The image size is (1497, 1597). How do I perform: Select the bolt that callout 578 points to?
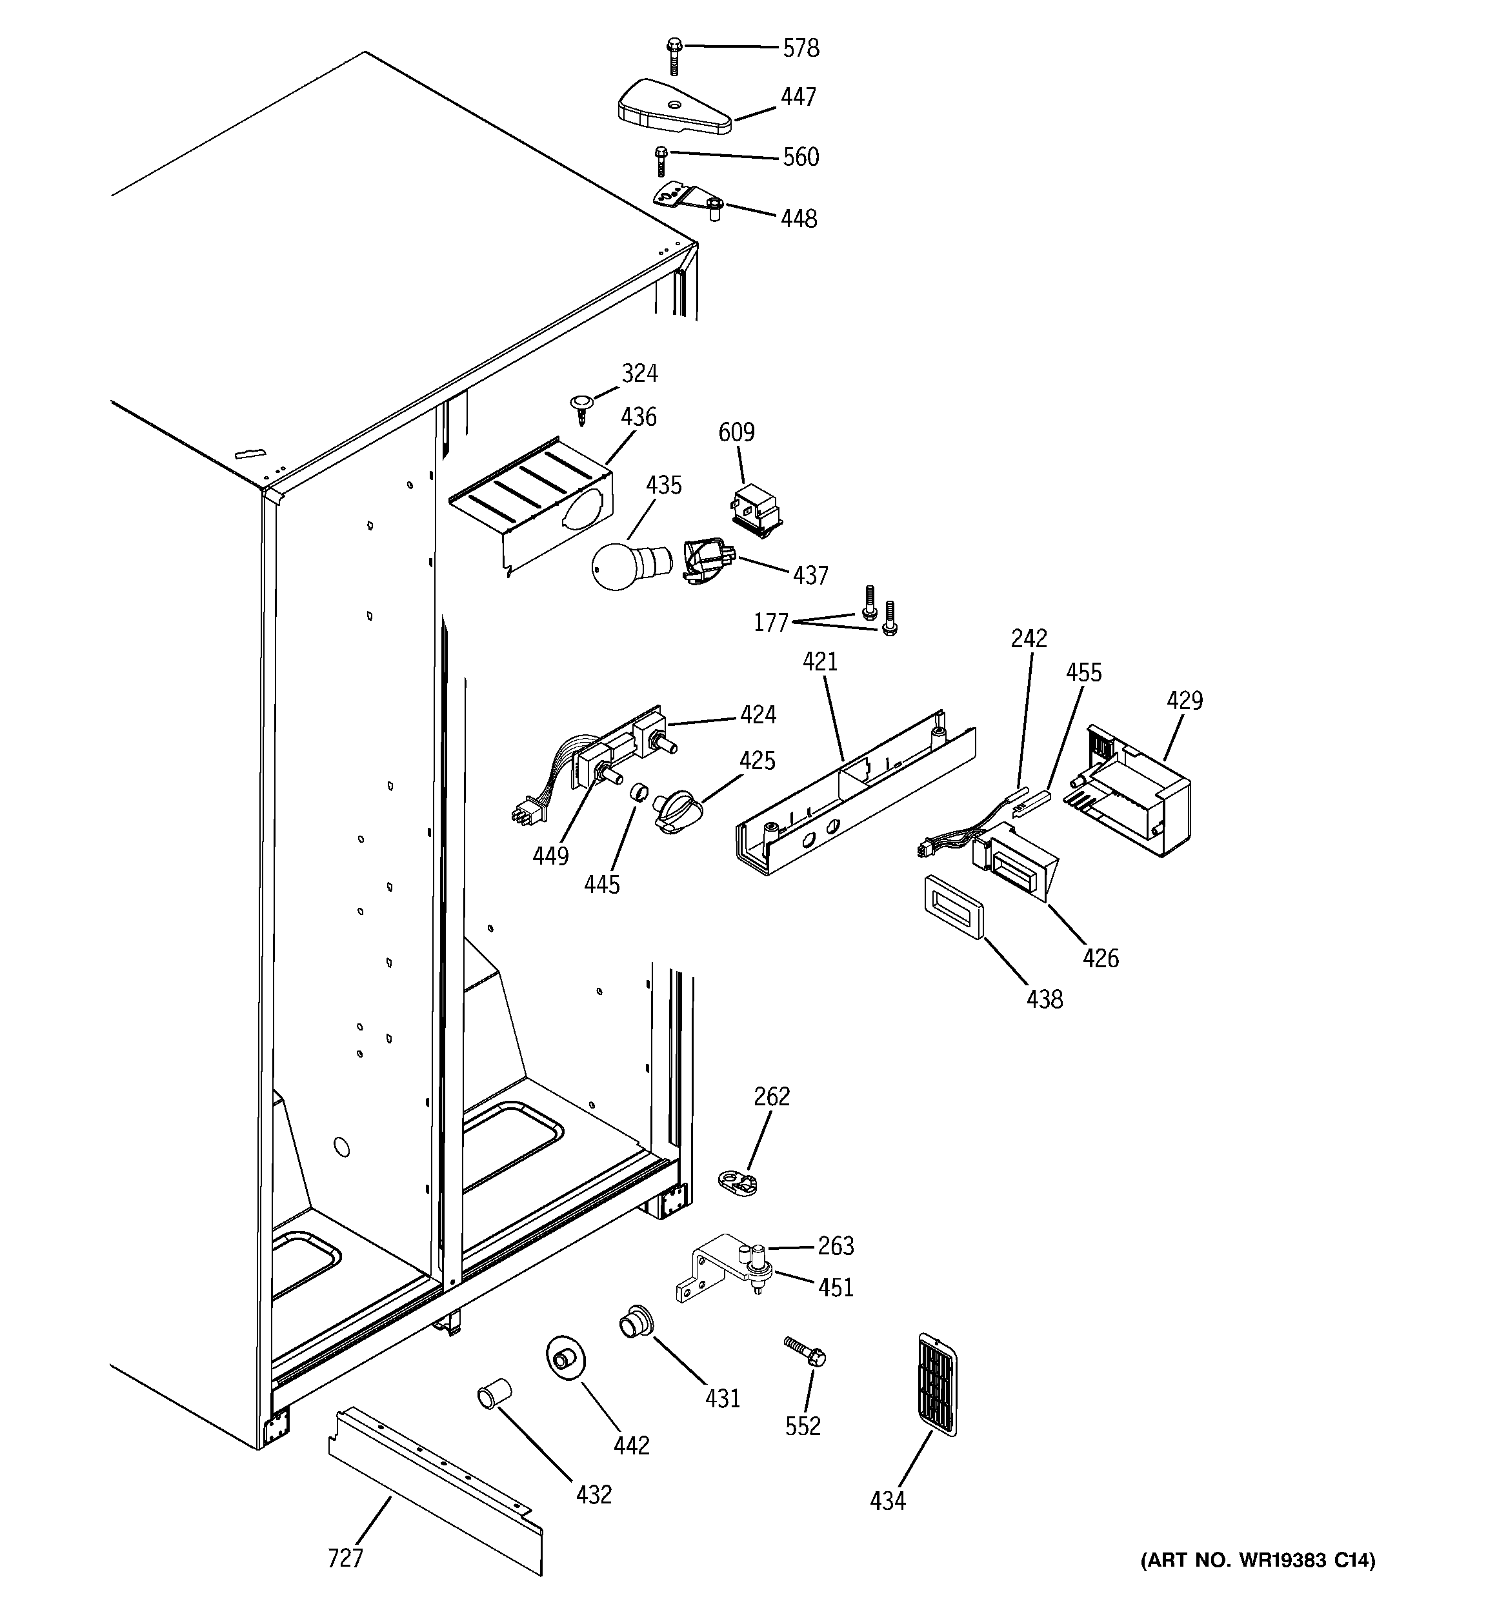coord(674,55)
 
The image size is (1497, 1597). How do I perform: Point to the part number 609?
coord(736,433)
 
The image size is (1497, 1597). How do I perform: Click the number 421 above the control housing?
coord(819,662)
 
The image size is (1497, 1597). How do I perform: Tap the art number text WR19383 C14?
coord(1258,1561)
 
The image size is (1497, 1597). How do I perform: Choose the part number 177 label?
coord(770,623)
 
